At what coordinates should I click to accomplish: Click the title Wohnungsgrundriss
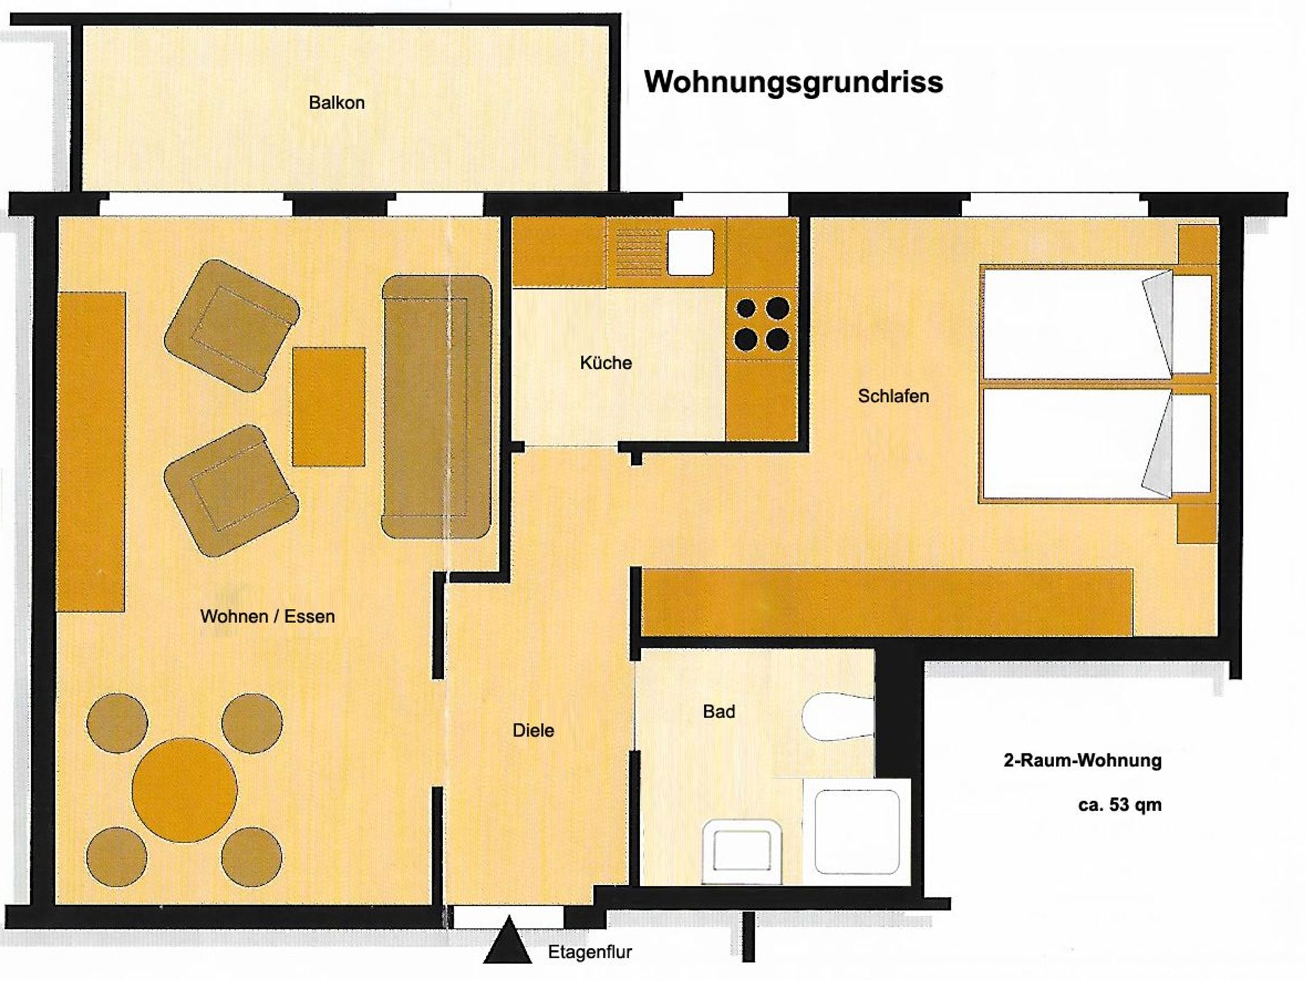793,82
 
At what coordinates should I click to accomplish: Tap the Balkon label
337,103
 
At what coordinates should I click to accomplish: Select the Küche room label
606,363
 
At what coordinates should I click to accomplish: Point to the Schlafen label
893,396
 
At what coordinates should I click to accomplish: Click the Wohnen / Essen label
267,616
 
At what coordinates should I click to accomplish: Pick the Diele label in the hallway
533,730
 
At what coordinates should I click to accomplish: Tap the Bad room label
719,711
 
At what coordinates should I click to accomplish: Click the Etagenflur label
590,952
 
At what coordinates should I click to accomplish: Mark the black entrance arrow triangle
508,940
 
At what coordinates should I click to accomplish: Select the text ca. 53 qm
1120,805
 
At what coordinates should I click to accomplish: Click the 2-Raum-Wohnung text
1083,760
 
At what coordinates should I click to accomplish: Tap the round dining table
184,790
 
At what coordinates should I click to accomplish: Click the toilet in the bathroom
838,716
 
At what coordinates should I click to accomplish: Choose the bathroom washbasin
742,852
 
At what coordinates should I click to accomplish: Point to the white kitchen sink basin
691,252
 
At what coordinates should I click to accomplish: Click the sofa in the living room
437,407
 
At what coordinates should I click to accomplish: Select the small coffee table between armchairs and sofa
329,406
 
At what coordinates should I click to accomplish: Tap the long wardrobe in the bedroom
886,602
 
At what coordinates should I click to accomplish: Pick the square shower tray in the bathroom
857,832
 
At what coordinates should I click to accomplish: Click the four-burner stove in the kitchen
762,324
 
